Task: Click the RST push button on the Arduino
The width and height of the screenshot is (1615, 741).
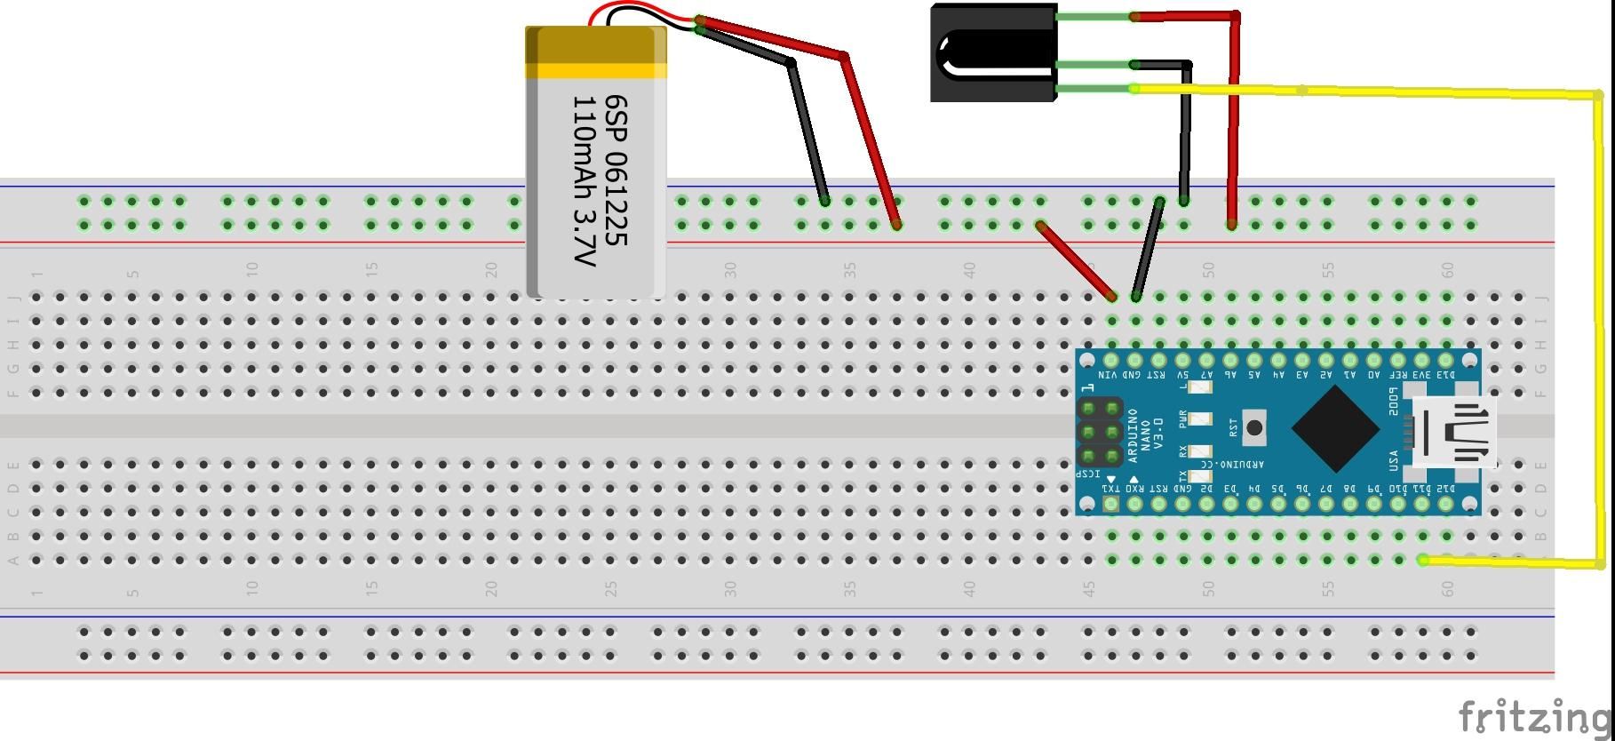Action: tap(1253, 428)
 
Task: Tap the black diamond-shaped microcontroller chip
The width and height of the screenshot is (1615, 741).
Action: tap(1335, 428)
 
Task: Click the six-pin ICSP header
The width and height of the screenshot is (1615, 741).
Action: tap(1100, 433)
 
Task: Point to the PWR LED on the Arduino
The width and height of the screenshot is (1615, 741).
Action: tap(1200, 419)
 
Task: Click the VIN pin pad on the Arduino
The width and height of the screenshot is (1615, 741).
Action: tap(1110, 361)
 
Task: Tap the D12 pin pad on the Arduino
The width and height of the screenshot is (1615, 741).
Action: tap(1446, 504)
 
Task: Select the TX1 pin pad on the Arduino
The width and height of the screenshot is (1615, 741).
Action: tap(1110, 504)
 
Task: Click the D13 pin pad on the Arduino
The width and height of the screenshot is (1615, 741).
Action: tap(1446, 361)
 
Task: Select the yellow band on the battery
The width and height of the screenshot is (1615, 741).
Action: tap(596, 70)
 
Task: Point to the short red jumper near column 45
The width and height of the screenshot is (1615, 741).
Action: tap(1076, 260)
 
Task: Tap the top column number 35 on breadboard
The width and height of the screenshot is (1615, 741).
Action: tap(849, 268)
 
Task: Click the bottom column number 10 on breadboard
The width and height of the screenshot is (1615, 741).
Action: tap(252, 588)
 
